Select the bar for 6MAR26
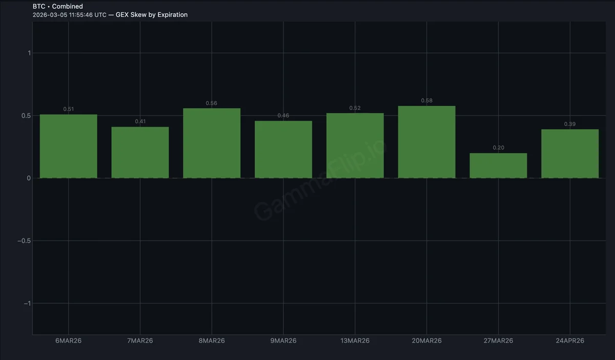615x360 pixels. tap(68, 146)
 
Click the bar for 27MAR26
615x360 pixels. tap(498, 166)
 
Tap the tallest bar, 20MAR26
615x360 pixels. tap(426, 142)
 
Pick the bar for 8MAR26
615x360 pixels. tap(212, 143)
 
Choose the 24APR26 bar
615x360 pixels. tap(570, 154)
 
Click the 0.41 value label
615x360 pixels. tap(140, 122)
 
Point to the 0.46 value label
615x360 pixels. tap(283, 115)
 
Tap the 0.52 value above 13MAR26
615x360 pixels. tap(355, 108)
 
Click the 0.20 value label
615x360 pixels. tap(498, 148)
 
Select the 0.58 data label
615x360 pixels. tap(426, 101)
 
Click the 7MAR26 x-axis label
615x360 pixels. tap(140, 341)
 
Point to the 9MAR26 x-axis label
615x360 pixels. tap(283, 341)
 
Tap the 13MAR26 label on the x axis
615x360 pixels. tap(355, 341)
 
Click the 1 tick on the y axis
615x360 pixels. tap(29, 53)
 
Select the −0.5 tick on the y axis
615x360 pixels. tap(24, 241)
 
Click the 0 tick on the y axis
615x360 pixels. tap(29, 178)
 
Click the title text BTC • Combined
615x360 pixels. tap(57, 6)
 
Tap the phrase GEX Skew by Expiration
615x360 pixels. tap(152, 15)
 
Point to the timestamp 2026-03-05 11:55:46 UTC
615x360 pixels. tap(69, 15)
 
